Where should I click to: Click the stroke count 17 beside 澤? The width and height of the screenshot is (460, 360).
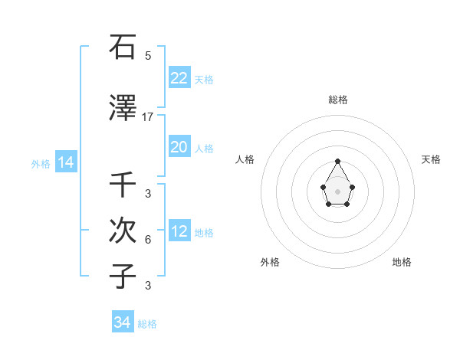pos(148,117)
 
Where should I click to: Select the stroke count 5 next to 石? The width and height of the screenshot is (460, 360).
pos(148,55)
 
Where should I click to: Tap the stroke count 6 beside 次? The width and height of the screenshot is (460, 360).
pos(148,240)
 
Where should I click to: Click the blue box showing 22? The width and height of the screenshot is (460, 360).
pos(179,77)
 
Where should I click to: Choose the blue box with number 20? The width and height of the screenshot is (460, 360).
pos(179,147)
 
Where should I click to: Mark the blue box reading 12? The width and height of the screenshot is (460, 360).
pos(179,231)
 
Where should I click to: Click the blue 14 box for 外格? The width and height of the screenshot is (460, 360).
pos(65,162)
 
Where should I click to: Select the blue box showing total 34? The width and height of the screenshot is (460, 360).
pos(122,322)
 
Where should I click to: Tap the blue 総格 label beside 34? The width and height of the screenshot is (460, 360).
pos(147,324)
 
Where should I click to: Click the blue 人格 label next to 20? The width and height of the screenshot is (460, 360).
pos(204,149)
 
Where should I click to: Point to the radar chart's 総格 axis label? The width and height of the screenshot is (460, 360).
pos(337,100)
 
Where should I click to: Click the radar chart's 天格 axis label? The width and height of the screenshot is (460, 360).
pos(431,159)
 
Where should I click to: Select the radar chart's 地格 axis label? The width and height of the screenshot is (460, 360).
pos(402,262)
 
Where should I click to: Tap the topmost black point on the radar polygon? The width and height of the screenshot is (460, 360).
pos(337,161)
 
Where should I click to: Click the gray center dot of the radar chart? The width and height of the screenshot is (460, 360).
pos(337,190)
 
